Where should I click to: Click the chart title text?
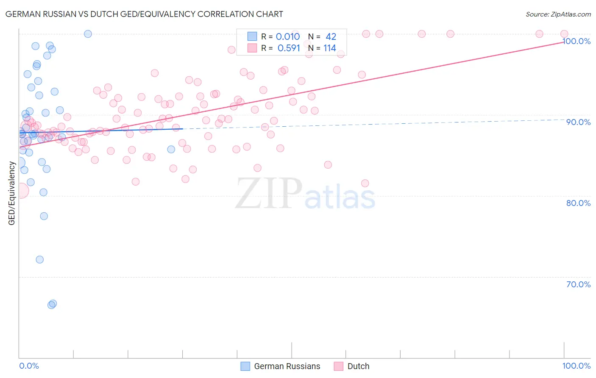tap(144, 14)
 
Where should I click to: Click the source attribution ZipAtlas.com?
tap(558, 14)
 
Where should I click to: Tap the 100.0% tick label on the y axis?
tap(577, 41)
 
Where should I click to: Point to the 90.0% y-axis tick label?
tap(578, 122)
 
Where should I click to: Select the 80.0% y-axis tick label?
tap(578, 203)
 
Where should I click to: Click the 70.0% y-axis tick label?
tap(578, 284)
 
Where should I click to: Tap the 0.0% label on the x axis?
tap(29, 366)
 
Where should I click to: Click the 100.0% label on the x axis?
tap(577, 366)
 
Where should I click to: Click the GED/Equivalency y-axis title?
tap(12, 193)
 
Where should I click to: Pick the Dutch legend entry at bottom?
tap(358, 366)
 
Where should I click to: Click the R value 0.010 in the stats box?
tap(288, 37)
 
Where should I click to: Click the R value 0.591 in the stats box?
tap(289, 48)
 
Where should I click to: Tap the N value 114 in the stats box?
tap(329, 48)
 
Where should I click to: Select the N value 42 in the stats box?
tap(331, 37)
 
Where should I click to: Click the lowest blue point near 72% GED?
tap(40, 259)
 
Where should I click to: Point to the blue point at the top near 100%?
tap(88, 34)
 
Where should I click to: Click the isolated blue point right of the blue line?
tap(171, 149)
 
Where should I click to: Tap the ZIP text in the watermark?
tap(269, 194)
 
